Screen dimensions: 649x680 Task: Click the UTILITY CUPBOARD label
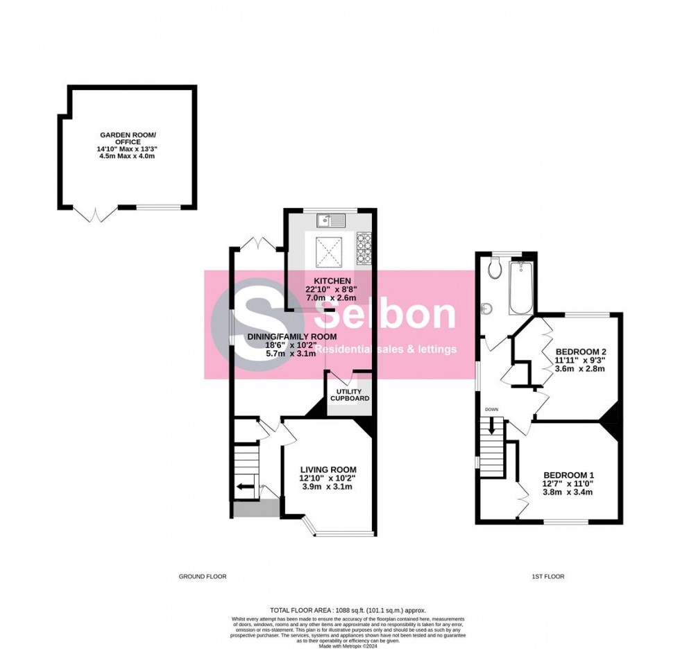[x=348, y=395]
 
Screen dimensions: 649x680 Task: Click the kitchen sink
[x=332, y=220]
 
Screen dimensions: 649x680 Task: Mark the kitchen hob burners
[x=364, y=248]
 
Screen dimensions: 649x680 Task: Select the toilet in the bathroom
[x=495, y=269]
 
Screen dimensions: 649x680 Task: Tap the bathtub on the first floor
[x=520, y=288]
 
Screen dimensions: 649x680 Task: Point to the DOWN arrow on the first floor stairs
[x=492, y=428]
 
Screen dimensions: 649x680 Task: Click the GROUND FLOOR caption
[x=203, y=577]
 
